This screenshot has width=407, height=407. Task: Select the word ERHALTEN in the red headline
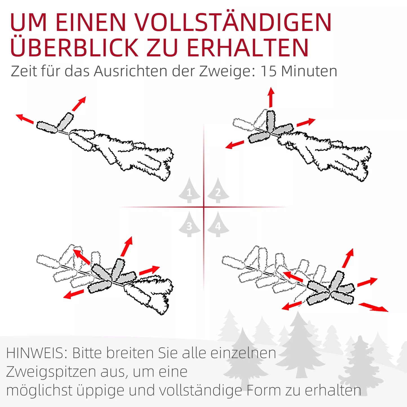pyautogui.click(x=248, y=47)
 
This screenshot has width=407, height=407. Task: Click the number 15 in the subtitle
pyautogui.click(x=269, y=71)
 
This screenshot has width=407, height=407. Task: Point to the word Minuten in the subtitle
pyautogui.click(x=309, y=71)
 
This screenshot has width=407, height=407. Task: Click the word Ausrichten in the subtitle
pyautogui.click(x=131, y=71)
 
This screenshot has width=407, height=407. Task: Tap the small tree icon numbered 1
pyautogui.click(x=190, y=190)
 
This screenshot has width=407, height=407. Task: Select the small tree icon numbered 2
pyautogui.click(x=218, y=190)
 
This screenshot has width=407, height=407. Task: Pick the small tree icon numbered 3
pyautogui.click(x=190, y=224)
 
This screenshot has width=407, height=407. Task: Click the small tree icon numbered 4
pyautogui.click(x=218, y=224)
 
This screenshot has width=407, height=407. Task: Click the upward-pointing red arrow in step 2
pyautogui.click(x=271, y=97)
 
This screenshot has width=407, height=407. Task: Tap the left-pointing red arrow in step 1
pyautogui.click(x=25, y=119)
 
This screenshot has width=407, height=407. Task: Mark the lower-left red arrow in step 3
pyautogui.click(x=74, y=294)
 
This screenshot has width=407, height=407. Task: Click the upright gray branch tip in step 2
pyautogui.click(x=271, y=121)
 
